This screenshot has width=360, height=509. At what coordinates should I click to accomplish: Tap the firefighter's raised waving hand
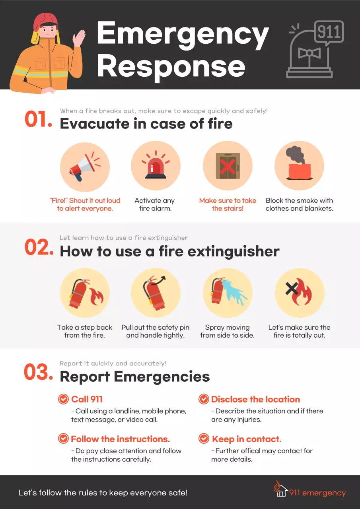[79, 40]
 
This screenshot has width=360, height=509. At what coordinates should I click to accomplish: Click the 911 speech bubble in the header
[329, 32]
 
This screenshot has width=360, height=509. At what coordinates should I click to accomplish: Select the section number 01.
[38, 120]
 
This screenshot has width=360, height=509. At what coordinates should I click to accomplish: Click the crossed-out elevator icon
[228, 166]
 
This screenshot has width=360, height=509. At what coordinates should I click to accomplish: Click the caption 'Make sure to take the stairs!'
[228, 204]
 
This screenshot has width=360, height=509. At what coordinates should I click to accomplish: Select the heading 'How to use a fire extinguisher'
[169, 251]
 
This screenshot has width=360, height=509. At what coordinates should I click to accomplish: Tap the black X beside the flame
[292, 289]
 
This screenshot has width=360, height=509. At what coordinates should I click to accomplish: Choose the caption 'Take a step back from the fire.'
[84, 331]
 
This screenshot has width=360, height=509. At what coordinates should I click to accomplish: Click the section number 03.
[38, 373]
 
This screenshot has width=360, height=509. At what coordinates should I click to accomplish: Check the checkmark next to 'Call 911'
[63, 399]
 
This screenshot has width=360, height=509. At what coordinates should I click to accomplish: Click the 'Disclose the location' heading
[255, 399]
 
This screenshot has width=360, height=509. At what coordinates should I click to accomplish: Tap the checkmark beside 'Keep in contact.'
[204, 439]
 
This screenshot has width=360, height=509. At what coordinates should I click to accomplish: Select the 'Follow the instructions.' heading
[120, 439]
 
